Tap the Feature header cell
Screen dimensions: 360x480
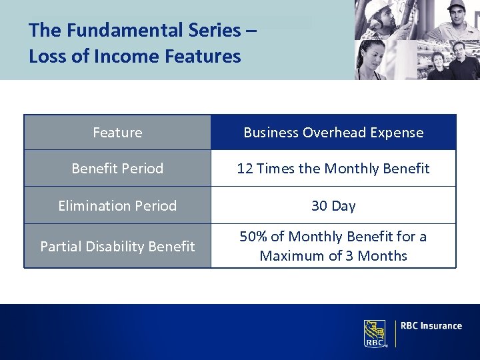[x=117, y=133]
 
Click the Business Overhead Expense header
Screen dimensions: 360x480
[x=333, y=133]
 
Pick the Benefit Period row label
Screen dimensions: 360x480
[x=117, y=169]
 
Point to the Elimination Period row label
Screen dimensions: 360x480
[x=117, y=206]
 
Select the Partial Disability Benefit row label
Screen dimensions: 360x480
[x=117, y=247]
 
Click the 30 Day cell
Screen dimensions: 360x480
[x=333, y=206]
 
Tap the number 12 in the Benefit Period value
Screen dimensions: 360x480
[x=245, y=169]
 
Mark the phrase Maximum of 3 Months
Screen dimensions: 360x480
[x=333, y=256]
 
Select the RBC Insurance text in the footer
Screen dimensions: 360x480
[x=431, y=326]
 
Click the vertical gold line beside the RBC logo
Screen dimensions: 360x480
[x=395, y=333]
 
